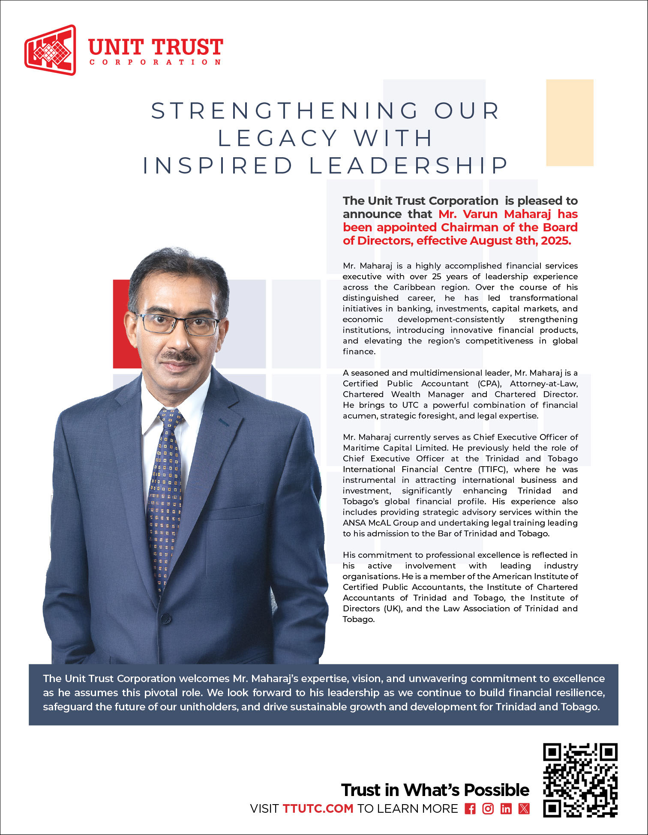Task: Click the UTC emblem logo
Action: click(x=50, y=50)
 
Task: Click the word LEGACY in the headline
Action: click(x=278, y=138)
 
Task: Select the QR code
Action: click(x=580, y=780)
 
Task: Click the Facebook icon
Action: click(x=470, y=809)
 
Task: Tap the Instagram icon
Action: click(x=488, y=809)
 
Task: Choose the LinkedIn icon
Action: click(x=506, y=809)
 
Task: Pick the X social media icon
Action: click(x=524, y=809)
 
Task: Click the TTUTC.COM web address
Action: click(x=318, y=809)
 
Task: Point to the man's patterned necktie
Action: click(x=165, y=493)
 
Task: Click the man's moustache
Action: click(x=179, y=356)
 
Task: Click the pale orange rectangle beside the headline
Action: click(x=570, y=123)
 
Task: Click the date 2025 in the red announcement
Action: click(x=556, y=241)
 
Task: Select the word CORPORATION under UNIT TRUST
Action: click(x=155, y=63)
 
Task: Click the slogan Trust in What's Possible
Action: click(x=435, y=790)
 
